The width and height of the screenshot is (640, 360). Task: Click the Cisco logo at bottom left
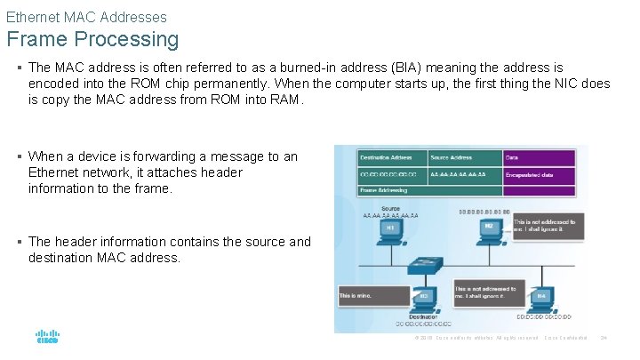47,338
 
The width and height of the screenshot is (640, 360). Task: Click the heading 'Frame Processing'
92,40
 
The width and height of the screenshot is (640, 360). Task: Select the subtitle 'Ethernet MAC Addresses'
86,17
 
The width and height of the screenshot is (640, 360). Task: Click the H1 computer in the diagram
389,230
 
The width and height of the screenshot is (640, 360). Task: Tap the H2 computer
487,230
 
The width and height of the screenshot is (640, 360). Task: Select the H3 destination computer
425,296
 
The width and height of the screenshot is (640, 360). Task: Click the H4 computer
540,296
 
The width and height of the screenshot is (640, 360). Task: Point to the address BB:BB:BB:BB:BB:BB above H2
484,212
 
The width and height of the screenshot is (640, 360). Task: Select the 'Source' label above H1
388,208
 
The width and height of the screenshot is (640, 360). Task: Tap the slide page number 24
603,338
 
